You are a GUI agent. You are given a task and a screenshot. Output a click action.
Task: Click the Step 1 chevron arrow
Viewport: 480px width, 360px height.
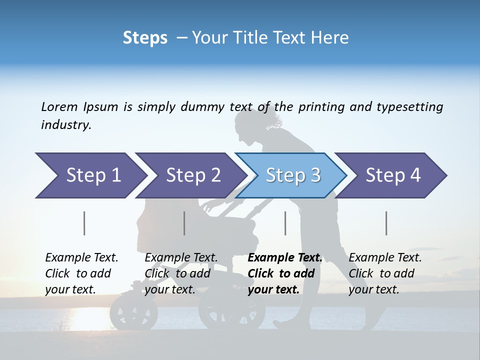tap(90, 175)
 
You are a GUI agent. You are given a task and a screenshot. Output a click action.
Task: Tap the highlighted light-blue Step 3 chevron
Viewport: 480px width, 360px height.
tap(292, 175)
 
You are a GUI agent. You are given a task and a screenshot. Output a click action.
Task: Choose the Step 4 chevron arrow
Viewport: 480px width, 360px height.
tap(392, 175)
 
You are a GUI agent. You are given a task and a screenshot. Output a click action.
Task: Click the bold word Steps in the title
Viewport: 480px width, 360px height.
tap(145, 38)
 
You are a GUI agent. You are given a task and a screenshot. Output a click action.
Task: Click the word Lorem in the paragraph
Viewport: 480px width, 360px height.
tap(59, 106)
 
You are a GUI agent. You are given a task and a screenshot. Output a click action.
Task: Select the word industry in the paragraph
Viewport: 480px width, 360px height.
tap(65, 125)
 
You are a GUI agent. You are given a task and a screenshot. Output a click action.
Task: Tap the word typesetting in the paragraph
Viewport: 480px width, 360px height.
tap(409, 106)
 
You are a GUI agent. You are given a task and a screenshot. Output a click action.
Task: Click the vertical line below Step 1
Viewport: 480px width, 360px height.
tap(84, 223)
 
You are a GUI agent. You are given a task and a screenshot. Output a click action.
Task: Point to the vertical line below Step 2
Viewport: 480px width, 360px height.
tap(184, 223)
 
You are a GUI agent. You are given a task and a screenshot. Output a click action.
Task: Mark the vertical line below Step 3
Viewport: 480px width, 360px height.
tap(285, 223)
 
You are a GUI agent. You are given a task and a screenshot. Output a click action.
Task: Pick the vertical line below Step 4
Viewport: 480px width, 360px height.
tap(386, 223)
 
